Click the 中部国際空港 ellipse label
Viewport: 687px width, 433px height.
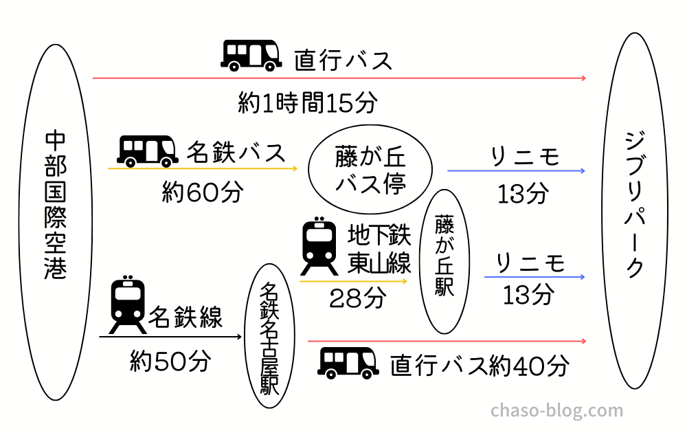click(x=55, y=205)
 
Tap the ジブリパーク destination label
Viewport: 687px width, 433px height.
click(x=635, y=204)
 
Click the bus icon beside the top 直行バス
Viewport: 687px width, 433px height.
click(x=251, y=55)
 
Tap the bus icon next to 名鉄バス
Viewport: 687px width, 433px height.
click(x=148, y=151)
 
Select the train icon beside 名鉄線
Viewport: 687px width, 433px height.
click(x=128, y=304)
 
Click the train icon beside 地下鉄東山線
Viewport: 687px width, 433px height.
click(x=319, y=245)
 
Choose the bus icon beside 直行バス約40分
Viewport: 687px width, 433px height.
click(x=348, y=363)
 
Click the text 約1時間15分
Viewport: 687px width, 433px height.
click(x=308, y=103)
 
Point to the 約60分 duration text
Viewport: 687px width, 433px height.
click(x=203, y=192)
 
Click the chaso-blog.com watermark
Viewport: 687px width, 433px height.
click(x=557, y=410)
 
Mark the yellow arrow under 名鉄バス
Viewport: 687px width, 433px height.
click(x=203, y=168)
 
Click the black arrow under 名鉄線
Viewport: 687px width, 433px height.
click(x=170, y=337)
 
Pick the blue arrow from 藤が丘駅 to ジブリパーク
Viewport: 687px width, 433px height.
click(x=534, y=277)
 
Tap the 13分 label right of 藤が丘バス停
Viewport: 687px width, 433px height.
click(x=523, y=193)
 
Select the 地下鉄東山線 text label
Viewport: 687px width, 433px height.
click(x=379, y=249)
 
